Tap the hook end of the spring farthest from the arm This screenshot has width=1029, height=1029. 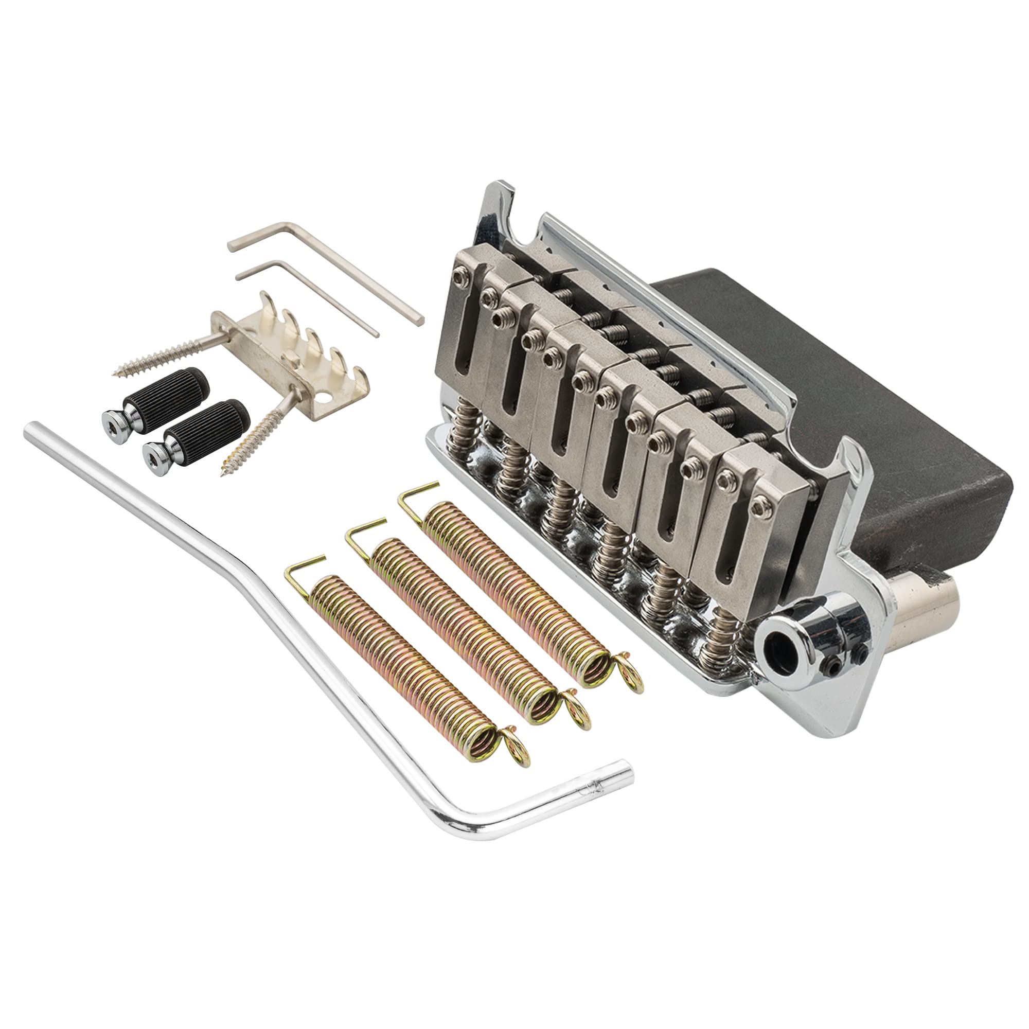pyautogui.click(x=421, y=493)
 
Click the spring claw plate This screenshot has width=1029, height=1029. pyautogui.click(x=298, y=351)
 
